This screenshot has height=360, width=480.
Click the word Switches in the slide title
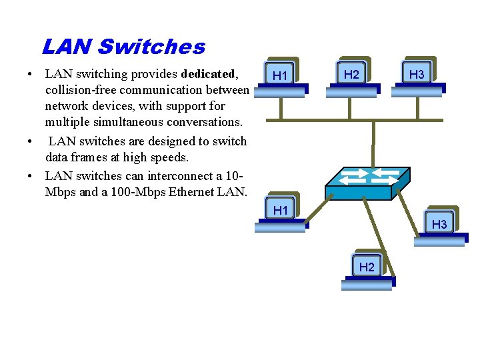[x=151, y=47]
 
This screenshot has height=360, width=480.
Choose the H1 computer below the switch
[x=281, y=213]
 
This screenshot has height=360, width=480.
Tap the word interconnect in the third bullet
[x=193, y=176]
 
